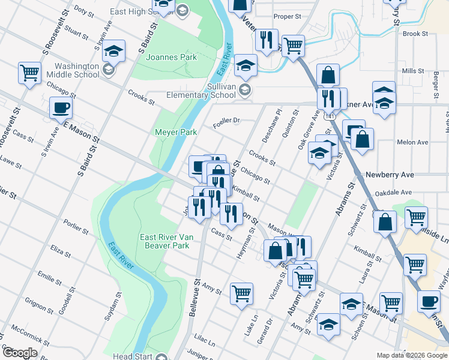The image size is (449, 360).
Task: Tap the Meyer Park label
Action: [x=176, y=132]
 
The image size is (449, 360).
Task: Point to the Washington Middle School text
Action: [x=76, y=71]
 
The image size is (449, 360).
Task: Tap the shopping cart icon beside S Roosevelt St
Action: [x=29, y=73]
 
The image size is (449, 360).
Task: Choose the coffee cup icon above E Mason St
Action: [x=60, y=109]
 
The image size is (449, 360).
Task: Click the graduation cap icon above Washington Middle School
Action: [x=113, y=51]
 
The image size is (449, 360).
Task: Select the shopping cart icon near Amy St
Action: [x=241, y=293]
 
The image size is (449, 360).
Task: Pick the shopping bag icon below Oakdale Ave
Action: [x=385, y=221]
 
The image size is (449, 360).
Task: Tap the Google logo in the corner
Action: [x=20, y=353]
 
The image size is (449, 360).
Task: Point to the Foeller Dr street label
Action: [x=227, y=121]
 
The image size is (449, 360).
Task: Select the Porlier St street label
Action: [x=77, y=230]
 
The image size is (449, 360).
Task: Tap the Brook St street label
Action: [x=415, y=34]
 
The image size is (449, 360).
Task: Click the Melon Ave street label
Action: [x=412, y=142]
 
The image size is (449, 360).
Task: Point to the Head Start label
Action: [x=131, y=356]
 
